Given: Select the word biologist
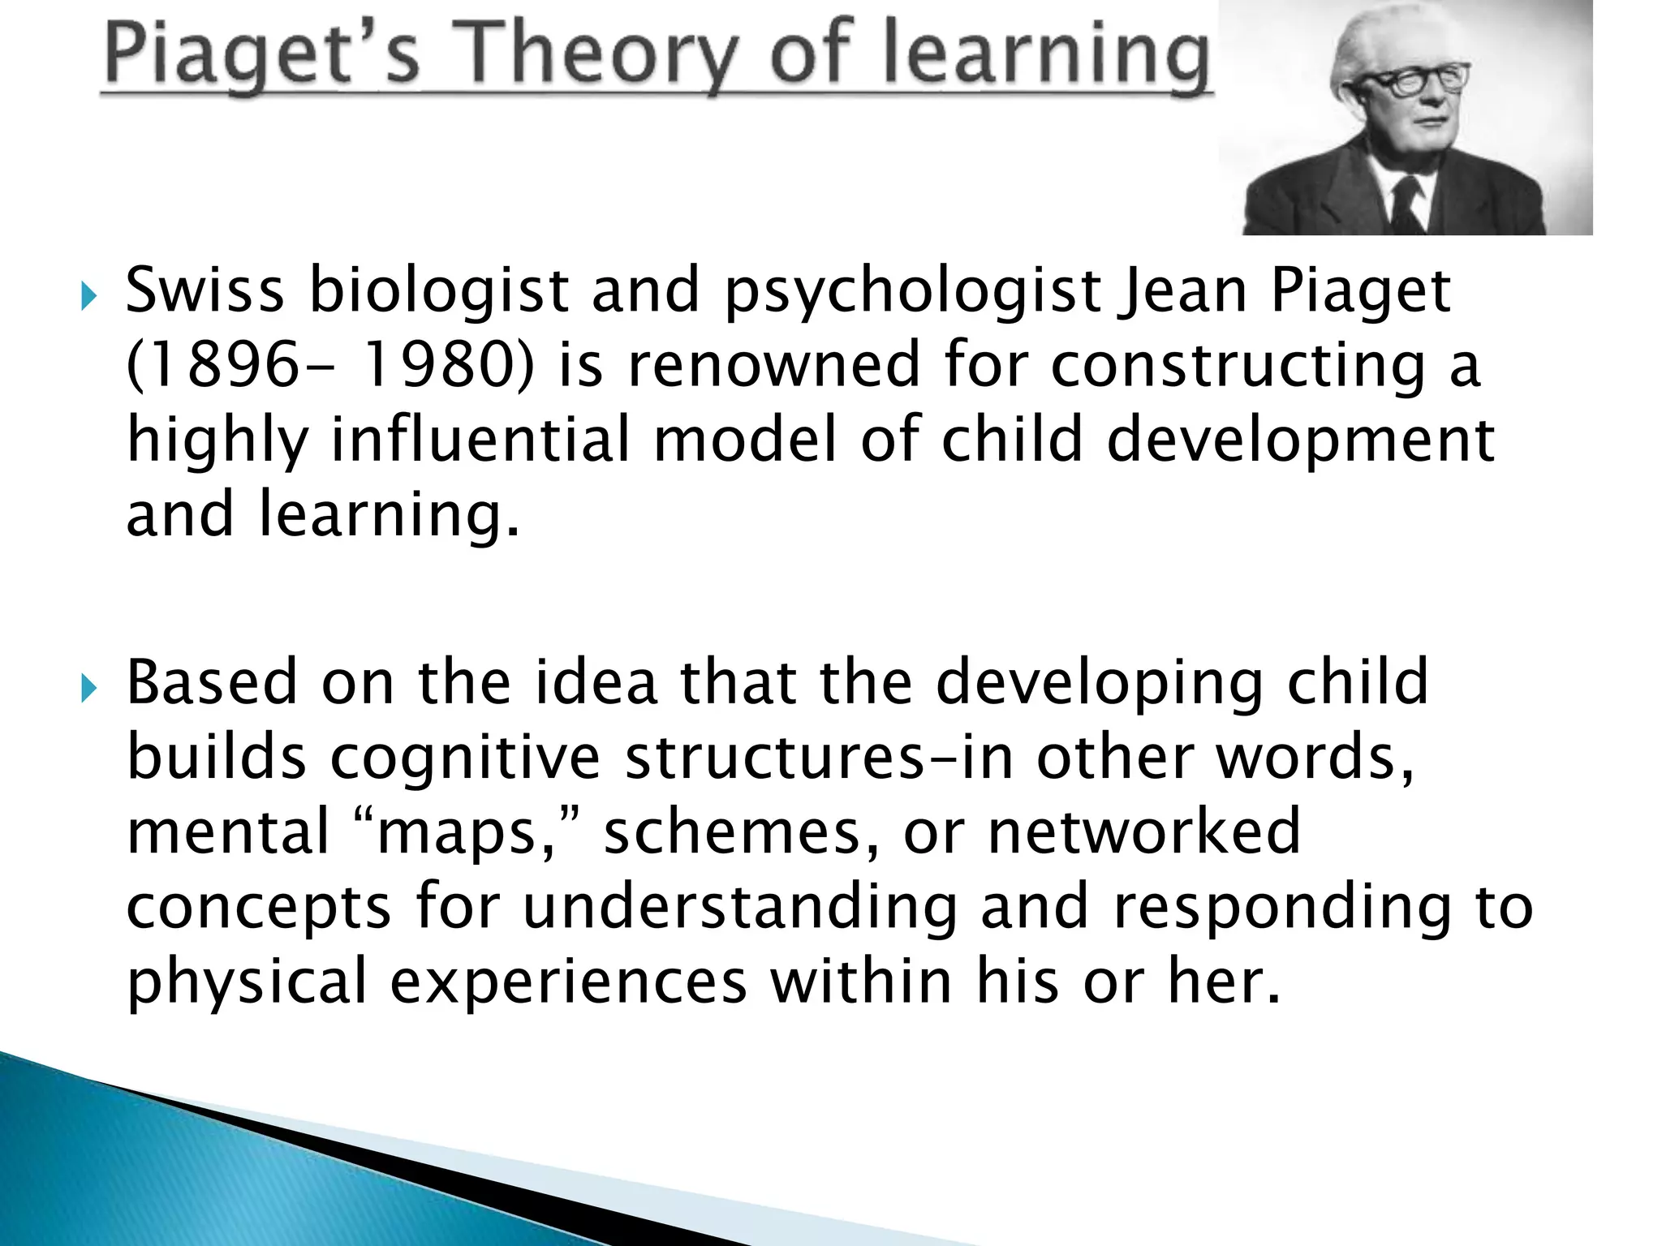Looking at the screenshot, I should pos(438,292).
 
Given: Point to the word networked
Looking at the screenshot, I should pos(1144,832).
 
